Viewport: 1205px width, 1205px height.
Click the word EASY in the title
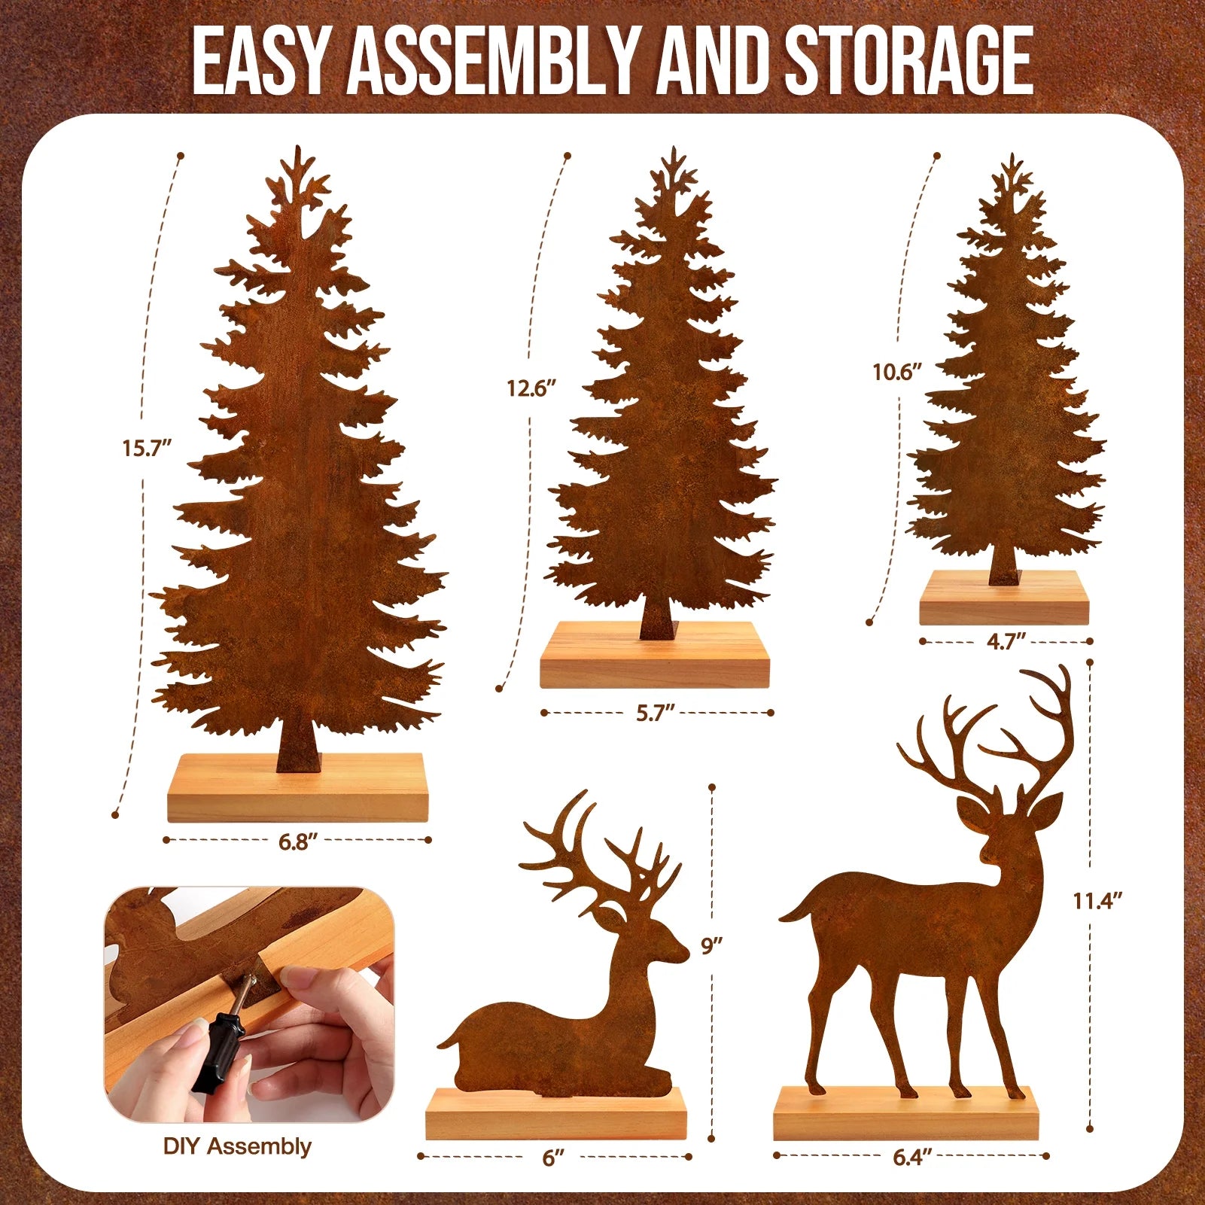click(x=260, y=62)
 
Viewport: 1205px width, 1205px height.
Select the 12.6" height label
click(x=531, y=388)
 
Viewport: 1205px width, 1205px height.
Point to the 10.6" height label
click(x=897, y=372)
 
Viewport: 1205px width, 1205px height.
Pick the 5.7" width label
click(x=655, y=713)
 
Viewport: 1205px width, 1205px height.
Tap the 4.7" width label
click(x=1006, y=642)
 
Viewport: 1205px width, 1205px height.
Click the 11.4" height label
click(x=1098, y=900)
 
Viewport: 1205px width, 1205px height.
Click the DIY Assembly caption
click(x=237, y=1146)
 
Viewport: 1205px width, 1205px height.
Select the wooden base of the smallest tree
click(x=1004, y=600)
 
